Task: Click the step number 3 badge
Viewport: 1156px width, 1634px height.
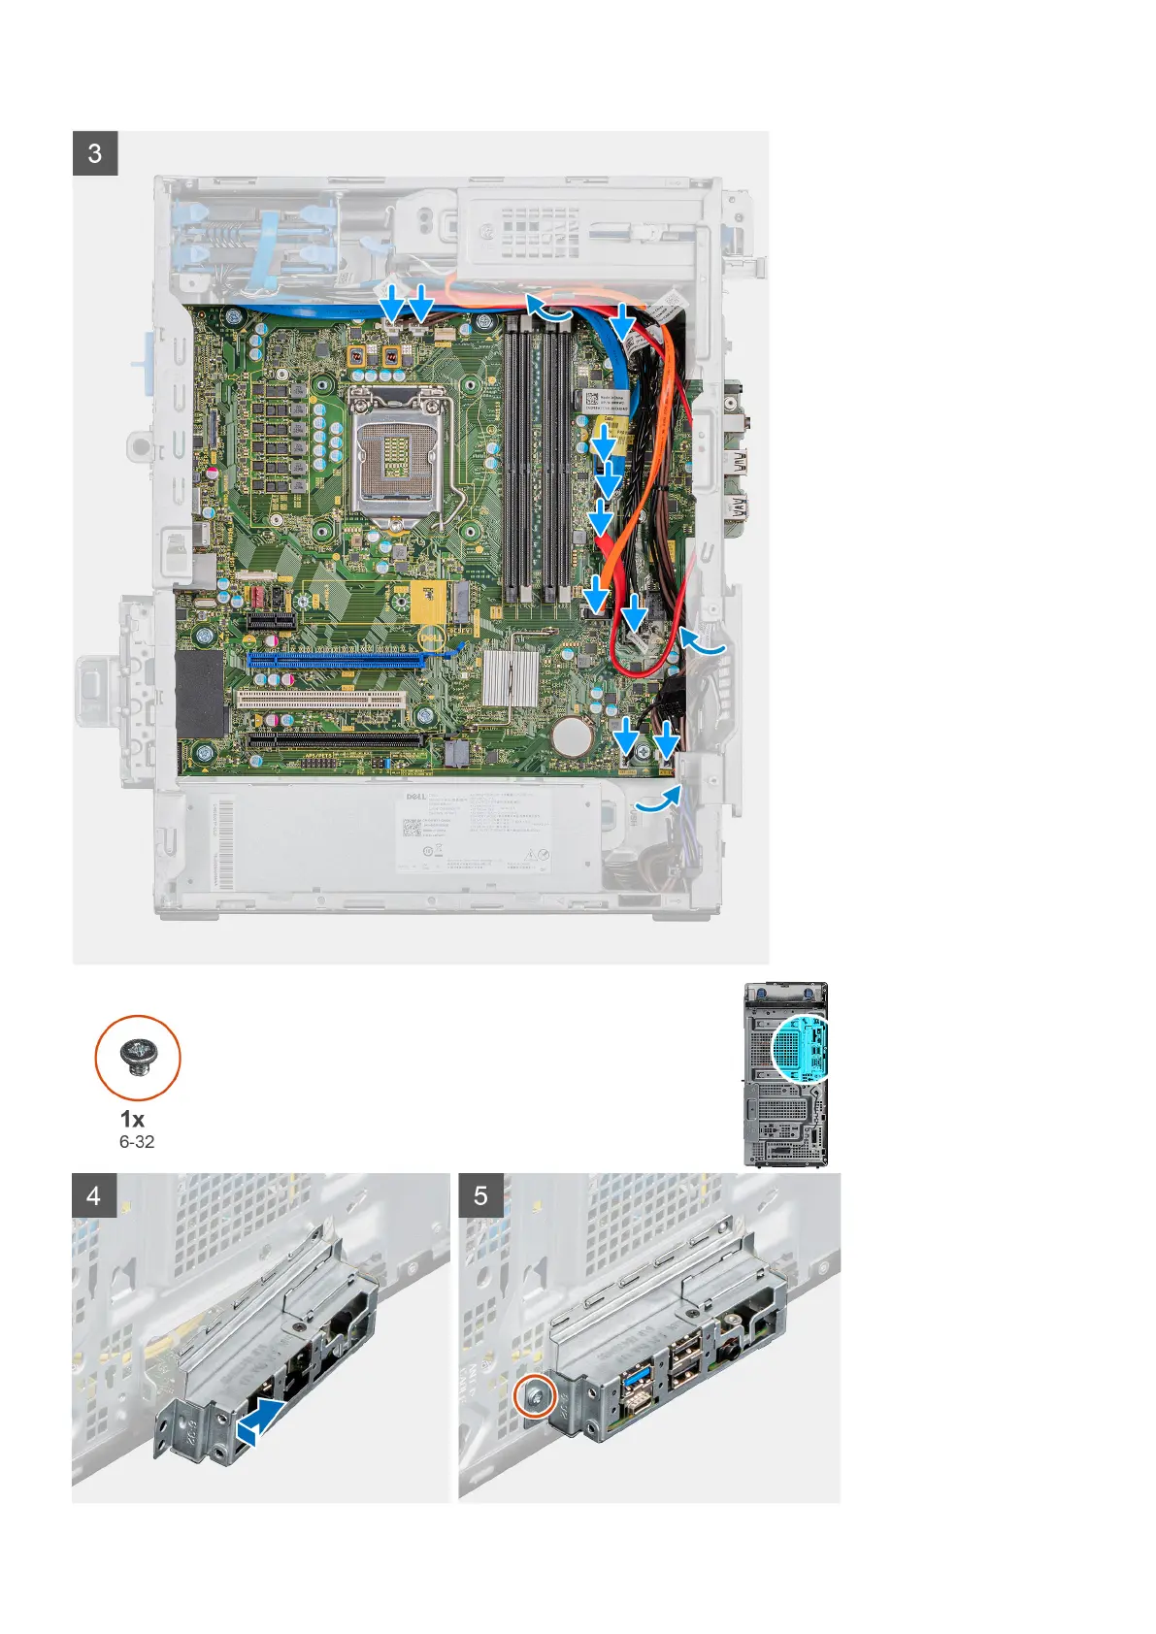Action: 95,153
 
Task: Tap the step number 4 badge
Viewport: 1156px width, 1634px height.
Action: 94,1195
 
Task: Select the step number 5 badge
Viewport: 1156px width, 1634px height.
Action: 480,1195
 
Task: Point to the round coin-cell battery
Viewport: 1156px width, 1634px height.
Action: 573,737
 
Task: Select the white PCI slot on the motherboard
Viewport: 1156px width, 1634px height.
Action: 320,699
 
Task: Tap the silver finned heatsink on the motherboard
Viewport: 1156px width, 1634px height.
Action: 510,676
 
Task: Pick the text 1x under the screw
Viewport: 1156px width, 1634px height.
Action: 132,1119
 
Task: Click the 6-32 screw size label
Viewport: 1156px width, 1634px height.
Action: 137,1142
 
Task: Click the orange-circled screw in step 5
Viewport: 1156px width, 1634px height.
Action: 536,1397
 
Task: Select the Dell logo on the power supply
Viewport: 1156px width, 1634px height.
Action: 415,797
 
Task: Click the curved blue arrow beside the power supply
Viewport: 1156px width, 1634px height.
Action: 657,800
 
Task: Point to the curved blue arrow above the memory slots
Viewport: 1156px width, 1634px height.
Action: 549,310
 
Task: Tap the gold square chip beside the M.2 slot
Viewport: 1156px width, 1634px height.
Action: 432,603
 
